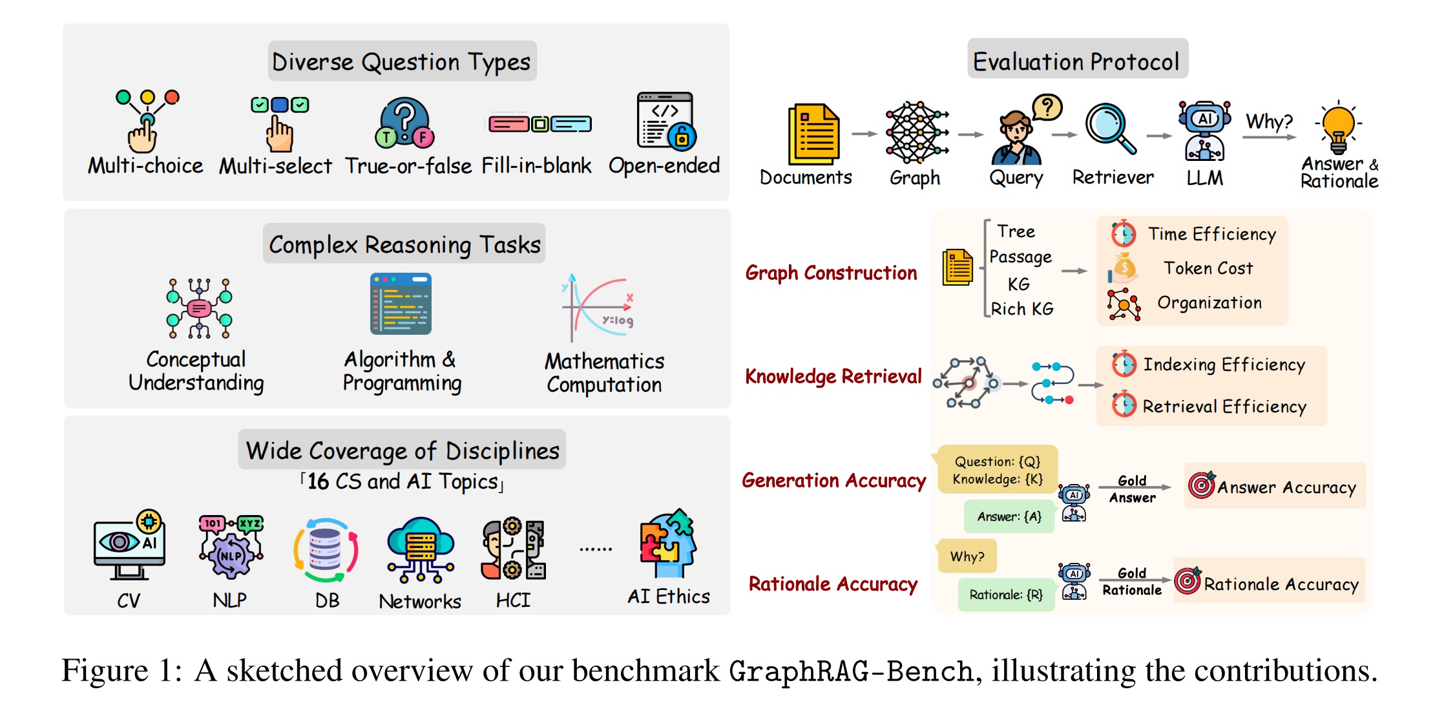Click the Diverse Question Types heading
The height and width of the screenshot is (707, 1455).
tap(401, 62)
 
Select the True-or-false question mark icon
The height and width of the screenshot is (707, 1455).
tap(405, 123)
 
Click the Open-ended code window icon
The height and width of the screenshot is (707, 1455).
tap(666, 121)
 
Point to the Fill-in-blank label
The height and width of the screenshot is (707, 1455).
tap(536, 166)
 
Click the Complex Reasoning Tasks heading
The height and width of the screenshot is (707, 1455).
tap(404, 244)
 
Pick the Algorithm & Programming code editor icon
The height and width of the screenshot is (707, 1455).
tap(401, 304)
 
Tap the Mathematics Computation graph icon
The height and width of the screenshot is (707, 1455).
tap(598, 308)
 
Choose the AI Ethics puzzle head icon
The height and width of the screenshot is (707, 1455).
tap(668, 543)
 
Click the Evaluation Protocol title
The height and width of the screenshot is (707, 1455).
tap(1076, 61)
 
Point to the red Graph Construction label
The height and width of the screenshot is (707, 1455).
tap(831, 273)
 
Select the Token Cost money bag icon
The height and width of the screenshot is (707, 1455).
tap(1124, 268)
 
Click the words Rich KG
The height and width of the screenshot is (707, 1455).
tap(1022, 309)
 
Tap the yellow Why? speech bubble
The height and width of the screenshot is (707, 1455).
tap(966, 556)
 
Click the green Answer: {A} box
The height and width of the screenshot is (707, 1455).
tap(1009, 516)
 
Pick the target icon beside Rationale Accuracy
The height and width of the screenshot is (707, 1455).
tap(1188, 580)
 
